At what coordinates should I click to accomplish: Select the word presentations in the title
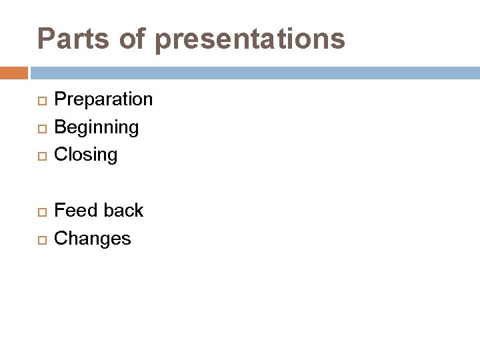[x=250, y=40]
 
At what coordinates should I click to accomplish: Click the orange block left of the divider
[x=13, y=73]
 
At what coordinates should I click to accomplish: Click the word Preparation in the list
[x=103, y=100]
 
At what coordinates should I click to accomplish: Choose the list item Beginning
[x=96, y=127]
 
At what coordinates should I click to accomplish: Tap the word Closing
[x=85, y=155]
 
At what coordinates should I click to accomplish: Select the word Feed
[x=74, y=211]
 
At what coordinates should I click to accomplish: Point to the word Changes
[x=92, y=239]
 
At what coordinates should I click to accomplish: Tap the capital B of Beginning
[x=60, y=127]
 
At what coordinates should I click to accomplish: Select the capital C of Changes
[x=60, y=239]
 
